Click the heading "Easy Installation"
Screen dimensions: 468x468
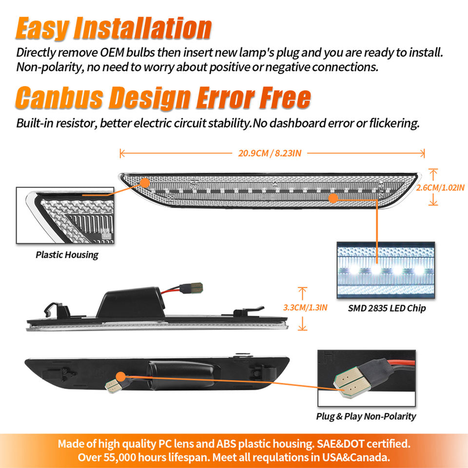(x=114, y=28)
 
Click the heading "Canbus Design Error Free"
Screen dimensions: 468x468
(x=163, y=97)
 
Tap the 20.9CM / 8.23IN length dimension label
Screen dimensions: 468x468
(x=270, y=154)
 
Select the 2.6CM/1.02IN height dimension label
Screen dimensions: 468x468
(x=441, y=188)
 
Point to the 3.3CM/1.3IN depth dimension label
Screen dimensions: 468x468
(x=305, y=308)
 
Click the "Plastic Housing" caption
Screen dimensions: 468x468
(x=67, y=255)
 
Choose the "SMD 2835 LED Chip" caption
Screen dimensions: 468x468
(x=387, y=308)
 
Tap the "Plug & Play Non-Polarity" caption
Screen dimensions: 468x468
(x=366, y=416)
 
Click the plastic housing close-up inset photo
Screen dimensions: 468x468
(x=65, y=215)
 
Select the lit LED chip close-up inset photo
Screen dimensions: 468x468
(x=386, y=270)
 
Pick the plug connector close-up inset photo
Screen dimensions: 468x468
(x=367, y=378)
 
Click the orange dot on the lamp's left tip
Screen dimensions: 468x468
(x=145, y=183)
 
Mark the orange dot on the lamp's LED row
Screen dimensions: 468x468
(x=333, y=198)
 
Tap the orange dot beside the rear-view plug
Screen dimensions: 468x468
(x=120, y=377)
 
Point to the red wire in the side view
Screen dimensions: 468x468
(x=171, y=290)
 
